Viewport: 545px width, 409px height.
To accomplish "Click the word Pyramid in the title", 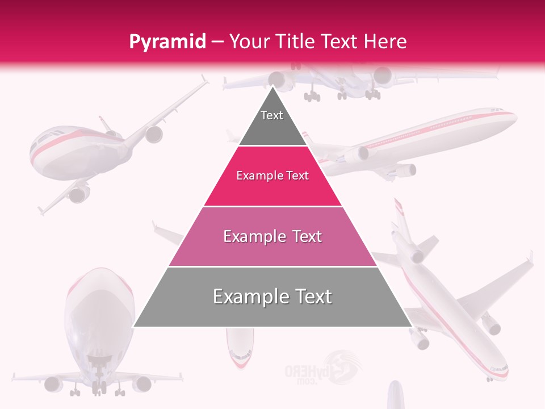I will pyautogui.click(x=167, y=42).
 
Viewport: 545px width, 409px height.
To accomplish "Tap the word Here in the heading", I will pyautogui.click(x=385, y=41).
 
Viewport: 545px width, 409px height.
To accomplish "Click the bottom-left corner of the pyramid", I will pyautogui.click(x=134, y=326).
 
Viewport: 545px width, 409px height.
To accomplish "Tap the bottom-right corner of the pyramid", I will pyautogui.click(x=411, y=326).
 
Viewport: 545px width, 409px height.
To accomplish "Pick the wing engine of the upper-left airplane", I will pyautogui.click(x=153, y=134).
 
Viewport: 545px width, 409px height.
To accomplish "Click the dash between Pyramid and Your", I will pyautogui.click(x=217, y=41).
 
